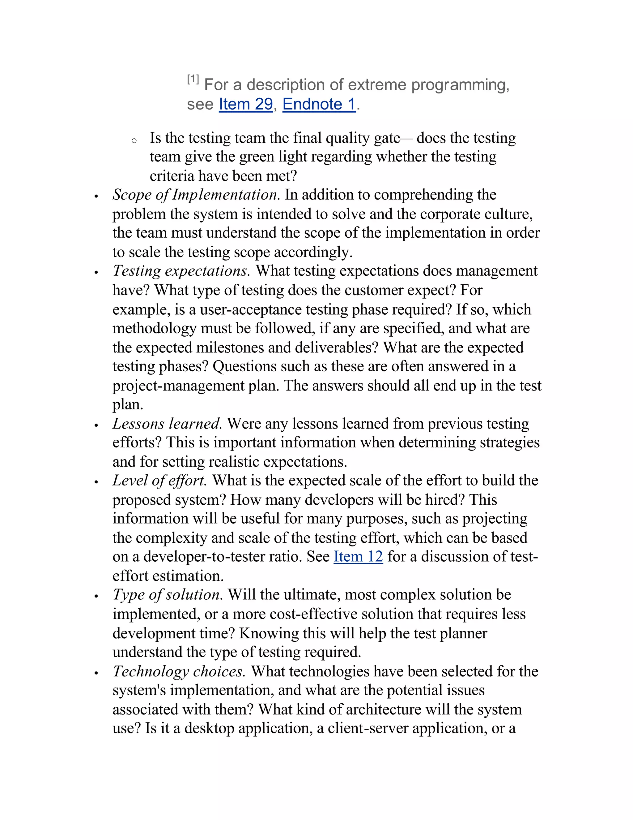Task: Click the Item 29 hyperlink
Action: (x=246, y=104)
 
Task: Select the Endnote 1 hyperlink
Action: (x=319, y=104)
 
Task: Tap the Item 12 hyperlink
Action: (x=358, y=556)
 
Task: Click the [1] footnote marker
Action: (x=193, y=79)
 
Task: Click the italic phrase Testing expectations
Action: (x=181, y=271)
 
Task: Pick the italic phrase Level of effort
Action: (x=160, y=480)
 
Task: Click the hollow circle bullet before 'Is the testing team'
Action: (x=134, y=141)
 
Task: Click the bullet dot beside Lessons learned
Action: (x=96, y=425)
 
